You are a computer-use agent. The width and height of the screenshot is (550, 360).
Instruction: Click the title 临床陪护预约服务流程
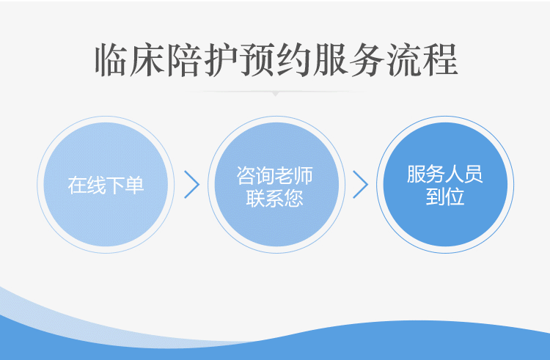[x=276, y=60]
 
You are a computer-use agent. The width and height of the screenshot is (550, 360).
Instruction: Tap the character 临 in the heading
[x=111, y=60]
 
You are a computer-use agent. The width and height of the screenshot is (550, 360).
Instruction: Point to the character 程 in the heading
[x=440, y=60]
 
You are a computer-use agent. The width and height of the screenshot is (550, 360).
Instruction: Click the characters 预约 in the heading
[x=258, y=60]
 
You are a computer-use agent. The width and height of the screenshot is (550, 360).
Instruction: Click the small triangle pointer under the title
[x=276, y=94]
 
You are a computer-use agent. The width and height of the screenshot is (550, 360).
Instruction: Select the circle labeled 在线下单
[x=106, y=184]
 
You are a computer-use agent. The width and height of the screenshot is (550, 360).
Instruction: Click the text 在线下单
[x=106, y=185]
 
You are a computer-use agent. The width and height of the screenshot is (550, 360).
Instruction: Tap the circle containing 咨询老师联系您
[x=276, y=184]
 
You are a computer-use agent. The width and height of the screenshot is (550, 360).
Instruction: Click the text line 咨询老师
[x=275, y=175]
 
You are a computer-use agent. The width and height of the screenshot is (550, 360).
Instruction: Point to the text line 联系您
[x=275, y=198]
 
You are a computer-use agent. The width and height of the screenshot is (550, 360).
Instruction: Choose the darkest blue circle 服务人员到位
[x=445, y=184]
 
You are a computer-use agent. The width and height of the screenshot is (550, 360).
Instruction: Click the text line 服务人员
[x=445, y=174]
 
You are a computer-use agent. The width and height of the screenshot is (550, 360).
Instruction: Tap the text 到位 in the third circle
[x=445, y=196]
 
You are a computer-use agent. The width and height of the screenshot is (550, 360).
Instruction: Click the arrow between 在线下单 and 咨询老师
[x=192, y=184]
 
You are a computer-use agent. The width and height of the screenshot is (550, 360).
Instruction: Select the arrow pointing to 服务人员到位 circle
[x=361, y=184]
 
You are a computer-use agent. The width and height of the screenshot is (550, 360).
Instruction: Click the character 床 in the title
[x=147, y=60]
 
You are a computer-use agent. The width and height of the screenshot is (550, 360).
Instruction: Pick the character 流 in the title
[x=403, y=60]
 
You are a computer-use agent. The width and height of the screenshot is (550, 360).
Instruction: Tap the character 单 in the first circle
[x=135, y=185]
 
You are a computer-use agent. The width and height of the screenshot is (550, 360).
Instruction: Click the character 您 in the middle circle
[x=294, y=198]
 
